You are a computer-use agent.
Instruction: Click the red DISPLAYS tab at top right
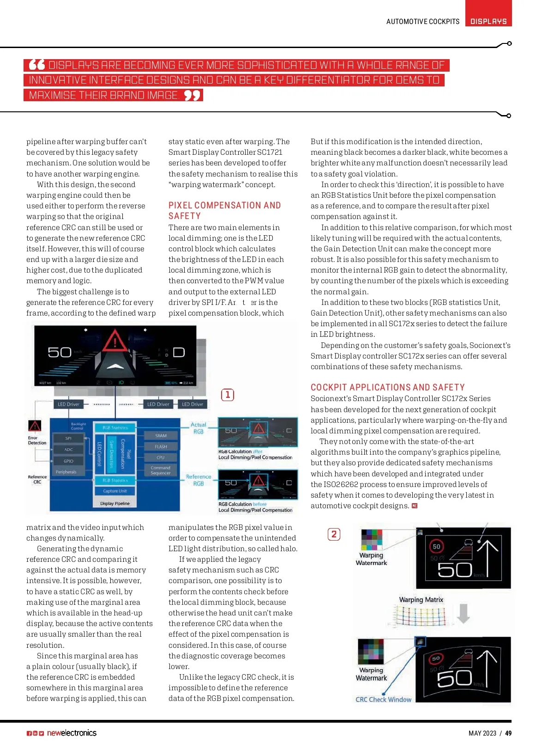pyautogui.click(x=488, y=21)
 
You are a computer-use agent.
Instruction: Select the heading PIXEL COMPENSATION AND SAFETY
pyautogui.click(x=224, y=210)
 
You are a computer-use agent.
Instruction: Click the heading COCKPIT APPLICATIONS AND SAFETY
pyautogui.click(x=387, y=387)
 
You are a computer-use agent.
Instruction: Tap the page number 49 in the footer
pyautogui.click(x=508, y=733)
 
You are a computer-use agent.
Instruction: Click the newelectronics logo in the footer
pyautogui.click(x=72, y=733)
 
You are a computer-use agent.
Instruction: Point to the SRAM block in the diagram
pyautogui.click(x=161, y=436)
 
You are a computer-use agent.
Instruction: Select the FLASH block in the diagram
pyautogui.click(x=161, y=447)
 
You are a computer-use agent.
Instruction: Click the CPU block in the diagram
pyautogui.click(x=161, y=457)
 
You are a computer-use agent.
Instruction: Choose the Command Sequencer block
pyautogui.click(x=161, y=470)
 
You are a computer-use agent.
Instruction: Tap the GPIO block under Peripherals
pyautogui.click(x=68, y=461)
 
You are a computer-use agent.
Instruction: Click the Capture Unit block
pyautogui.click(x=114, y=491)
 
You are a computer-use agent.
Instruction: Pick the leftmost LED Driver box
pyautogui.click(x=68, y=404)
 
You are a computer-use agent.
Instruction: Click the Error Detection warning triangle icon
pyautogui.click(x=35, y=426)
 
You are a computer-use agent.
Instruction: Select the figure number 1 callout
pyautogui.click(x=228, y=395)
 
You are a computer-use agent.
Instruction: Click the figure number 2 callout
pyautogui.click(x=334, y=534)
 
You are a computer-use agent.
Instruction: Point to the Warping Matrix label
pyautogui.click(x=421, y=600)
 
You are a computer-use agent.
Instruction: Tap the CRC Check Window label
pyautogui.click(x=383, y=700)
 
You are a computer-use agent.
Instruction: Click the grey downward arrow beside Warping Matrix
pyautogui.click(x=463, y=614)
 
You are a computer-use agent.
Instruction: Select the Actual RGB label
pyautogui.click(x=199, y=428)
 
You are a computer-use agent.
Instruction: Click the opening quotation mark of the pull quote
pyautogui.click(x=37, y=65)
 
